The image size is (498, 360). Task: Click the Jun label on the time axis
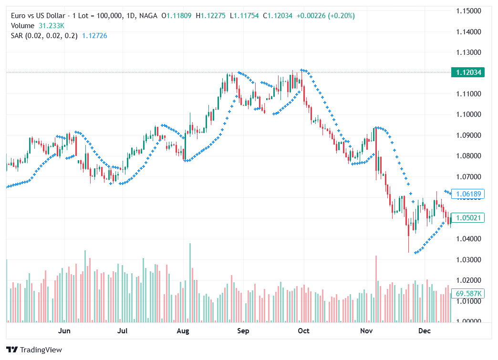click(x=64, y=331)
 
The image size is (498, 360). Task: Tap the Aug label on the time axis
click(x=183, y=331)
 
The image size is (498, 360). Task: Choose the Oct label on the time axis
click(x=303, y=331)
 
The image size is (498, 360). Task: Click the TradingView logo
click(x=34, y=350)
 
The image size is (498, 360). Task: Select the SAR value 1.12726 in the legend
click(x=94, y=35)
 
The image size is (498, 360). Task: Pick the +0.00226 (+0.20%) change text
click(x=325, y=16)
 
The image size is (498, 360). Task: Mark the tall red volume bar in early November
click(x=376, y=288)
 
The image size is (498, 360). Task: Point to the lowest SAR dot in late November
click(x=415, y=253)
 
